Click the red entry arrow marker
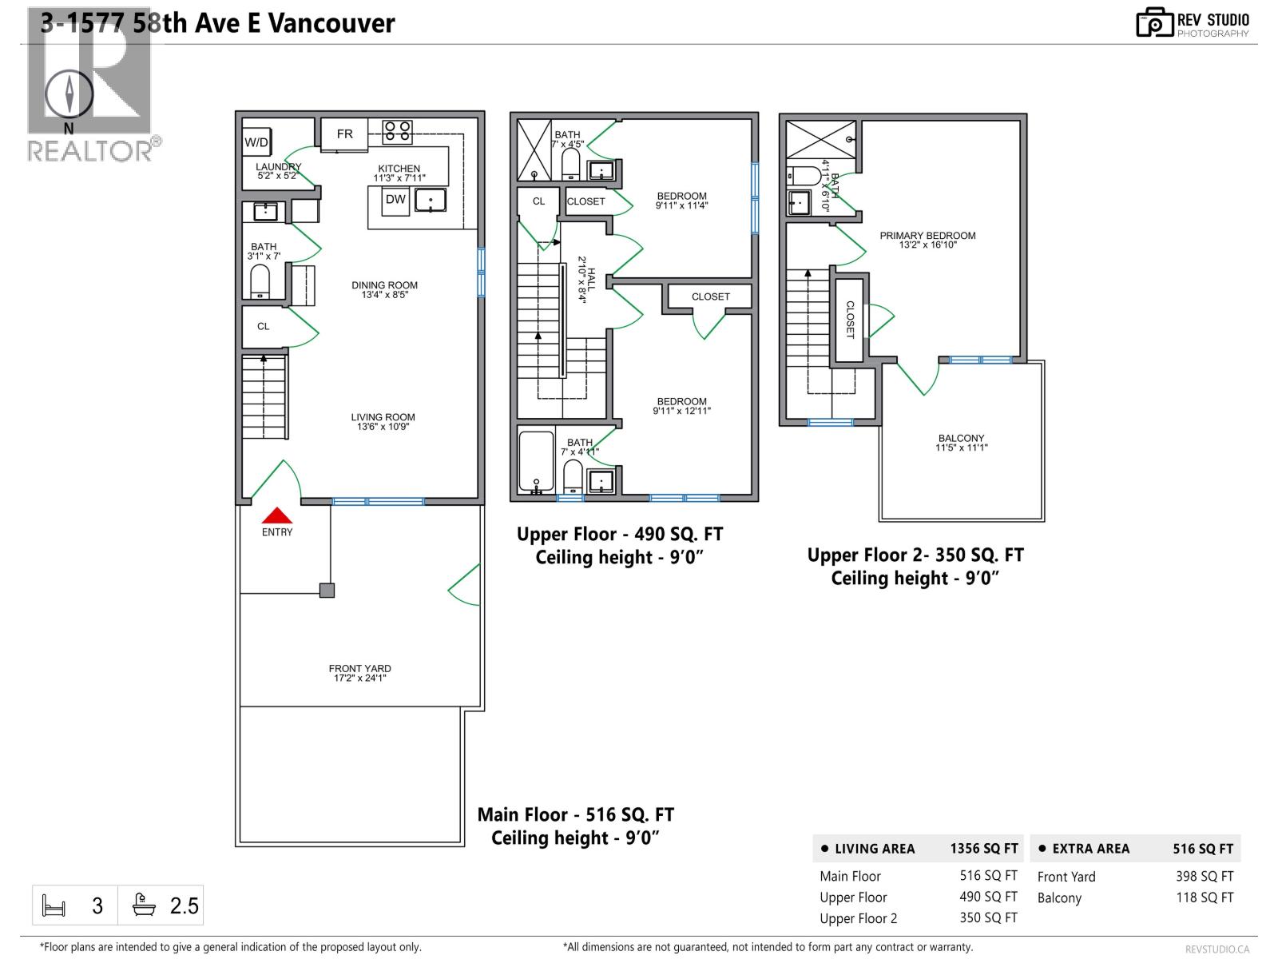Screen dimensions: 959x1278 277,515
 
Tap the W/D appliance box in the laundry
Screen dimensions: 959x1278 256,142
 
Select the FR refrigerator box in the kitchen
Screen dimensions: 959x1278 344,133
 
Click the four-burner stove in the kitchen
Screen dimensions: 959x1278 397,131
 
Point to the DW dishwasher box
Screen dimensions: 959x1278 395,200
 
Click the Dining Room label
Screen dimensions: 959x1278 384,289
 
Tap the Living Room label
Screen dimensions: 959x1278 383,421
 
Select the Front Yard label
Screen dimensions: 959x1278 359,673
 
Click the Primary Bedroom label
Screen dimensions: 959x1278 927,240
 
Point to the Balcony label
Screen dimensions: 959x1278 961,442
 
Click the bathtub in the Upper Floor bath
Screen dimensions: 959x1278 536,462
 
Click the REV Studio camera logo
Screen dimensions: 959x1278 1154,22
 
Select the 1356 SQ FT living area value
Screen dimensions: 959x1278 983,849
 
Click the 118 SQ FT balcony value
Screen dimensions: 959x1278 1204,897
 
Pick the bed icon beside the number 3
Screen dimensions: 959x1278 54,906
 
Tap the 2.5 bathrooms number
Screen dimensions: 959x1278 184,905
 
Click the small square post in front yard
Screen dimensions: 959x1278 327,591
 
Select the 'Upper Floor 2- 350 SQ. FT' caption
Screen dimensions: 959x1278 915,555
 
